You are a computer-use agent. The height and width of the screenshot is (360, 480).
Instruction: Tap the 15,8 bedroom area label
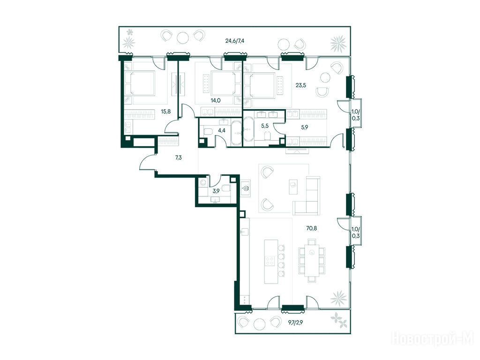(165, 112)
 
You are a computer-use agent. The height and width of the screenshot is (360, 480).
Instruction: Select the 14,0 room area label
(216, 100)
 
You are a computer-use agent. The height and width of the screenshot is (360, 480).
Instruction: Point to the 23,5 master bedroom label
(300, 85)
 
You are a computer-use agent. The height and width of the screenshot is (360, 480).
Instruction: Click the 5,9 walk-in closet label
(304, 128)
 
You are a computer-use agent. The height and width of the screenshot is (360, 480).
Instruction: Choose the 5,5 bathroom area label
(265, 125)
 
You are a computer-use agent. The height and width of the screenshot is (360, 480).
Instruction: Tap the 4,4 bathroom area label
(221, 130)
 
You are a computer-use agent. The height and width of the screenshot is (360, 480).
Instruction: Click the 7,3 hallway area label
(179, 158)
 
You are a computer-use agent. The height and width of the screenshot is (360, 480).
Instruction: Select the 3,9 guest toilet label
(216, 191)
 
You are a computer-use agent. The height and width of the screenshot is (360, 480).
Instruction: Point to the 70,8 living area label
(311, 228)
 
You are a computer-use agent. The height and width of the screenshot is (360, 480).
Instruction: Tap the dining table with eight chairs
(312, 261)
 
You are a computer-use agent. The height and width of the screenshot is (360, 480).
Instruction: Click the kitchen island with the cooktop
(271, 262)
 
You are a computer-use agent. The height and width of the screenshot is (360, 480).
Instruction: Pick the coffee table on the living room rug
(293, 187)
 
